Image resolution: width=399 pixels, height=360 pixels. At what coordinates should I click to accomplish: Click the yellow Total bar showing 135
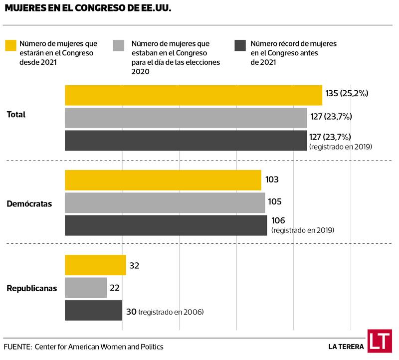pyautogui.click(x=194, y=95)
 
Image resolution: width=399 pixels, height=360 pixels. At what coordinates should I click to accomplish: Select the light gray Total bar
pyautogui.click(x=186, y=118)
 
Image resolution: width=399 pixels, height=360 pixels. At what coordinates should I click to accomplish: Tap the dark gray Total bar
pyautogui.click(x=186, y=140)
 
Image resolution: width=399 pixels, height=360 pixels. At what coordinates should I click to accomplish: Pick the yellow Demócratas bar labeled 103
pyautogui.click(x=163, y=180)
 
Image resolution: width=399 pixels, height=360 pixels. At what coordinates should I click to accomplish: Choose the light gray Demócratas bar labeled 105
pyautogui.click(x=165, y=202)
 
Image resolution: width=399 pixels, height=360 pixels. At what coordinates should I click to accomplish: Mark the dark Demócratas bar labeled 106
pyautogui.click(x=166, y=225)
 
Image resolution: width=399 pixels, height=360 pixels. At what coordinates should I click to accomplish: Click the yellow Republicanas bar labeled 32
pyautogui.click(x=95, y=265)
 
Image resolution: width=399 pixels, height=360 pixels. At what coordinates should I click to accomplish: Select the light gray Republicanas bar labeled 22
pyautogui.click(x=86, y=288)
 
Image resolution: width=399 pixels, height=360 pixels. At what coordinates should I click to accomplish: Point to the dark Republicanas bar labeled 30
pyautogui.click(x=93, y=310)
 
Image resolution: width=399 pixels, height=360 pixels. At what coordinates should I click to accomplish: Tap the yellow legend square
pyautogui.click(x=10, y=45)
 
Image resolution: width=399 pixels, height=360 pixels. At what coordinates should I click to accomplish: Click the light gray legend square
pyautogui.click(x=119, y=45)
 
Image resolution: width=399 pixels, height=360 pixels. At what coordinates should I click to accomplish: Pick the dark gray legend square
pyautogui.click(x=239, y=45)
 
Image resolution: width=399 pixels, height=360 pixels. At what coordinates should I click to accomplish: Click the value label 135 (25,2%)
pyautogui.click(x=347, y=93)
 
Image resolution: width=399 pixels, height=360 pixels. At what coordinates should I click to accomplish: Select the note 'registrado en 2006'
pyautogui.click(x=171, y=312)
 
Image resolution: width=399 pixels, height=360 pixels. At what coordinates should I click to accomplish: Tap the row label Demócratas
pyautogui.click(x=29, y=204)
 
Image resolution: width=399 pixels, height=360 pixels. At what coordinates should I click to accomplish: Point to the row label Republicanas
pyautogui.click(x=31, y=289)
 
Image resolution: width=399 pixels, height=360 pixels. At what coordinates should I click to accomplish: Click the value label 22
pyautogui.click(x=114, y=288)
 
